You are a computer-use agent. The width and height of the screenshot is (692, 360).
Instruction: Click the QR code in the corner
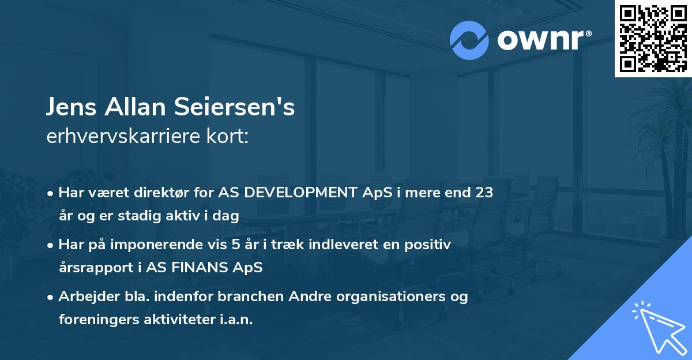click(x=653, y=38)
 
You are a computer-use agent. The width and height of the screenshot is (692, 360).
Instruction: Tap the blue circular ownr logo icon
click(x=469, y=40)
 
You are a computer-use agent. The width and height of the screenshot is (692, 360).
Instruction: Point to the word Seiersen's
click(x=235, y=107)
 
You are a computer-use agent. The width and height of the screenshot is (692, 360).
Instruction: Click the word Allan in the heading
click(x=135, y=107)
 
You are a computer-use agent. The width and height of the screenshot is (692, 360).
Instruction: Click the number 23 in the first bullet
click(x=484, y=192)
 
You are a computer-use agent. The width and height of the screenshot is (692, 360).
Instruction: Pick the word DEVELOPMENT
click(x=301, y=192)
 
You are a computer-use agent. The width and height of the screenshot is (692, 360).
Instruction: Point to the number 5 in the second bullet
click(x=236, y=245)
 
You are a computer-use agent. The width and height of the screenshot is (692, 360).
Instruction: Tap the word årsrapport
click(x=96, y=268)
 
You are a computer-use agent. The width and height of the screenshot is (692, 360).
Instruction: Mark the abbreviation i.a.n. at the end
click(x=236, y=319)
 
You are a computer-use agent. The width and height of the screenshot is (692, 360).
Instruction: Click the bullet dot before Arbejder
click(x=50, y=298)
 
